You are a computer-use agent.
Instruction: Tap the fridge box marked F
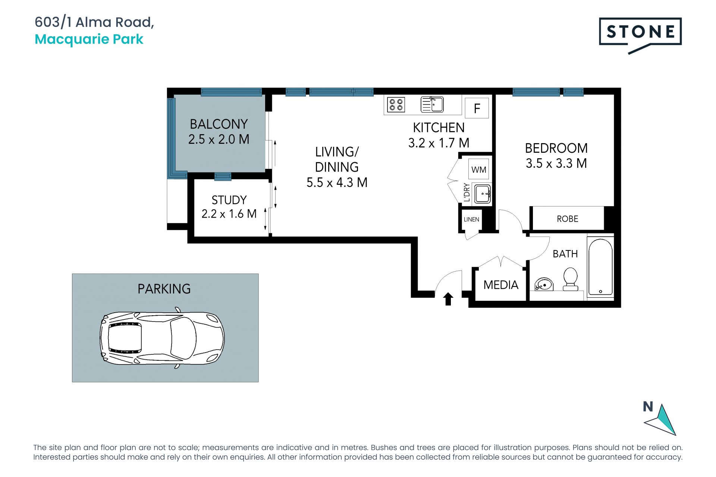tap(477, 108)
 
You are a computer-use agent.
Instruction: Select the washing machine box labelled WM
tap(479, 170)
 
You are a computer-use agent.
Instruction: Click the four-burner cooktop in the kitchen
tap(396, 105)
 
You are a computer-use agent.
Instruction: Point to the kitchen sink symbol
tap(432, 105)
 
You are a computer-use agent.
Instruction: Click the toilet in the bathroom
tap(570, 279)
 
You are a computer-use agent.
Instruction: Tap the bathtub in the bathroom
tap(600, 267)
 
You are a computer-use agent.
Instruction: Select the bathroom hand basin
tap(544, 284)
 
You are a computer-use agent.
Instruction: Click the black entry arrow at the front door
tap(448, 299)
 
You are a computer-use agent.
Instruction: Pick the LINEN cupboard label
tap(471, 219)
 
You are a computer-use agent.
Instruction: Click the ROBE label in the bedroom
tap(568, 219)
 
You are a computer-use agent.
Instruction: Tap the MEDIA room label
tap(501, 285)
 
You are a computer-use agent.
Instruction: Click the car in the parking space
tap(162, 338)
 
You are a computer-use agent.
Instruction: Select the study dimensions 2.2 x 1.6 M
tap(229, 214)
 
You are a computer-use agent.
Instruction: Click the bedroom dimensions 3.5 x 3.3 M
tap(556, 163)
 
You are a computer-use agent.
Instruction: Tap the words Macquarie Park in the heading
tap(89, 39)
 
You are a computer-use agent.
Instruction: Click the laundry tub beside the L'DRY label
tap(482, 194)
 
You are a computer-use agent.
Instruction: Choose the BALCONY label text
tap(219, 124)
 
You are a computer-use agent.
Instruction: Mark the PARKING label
tap(164, 289)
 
